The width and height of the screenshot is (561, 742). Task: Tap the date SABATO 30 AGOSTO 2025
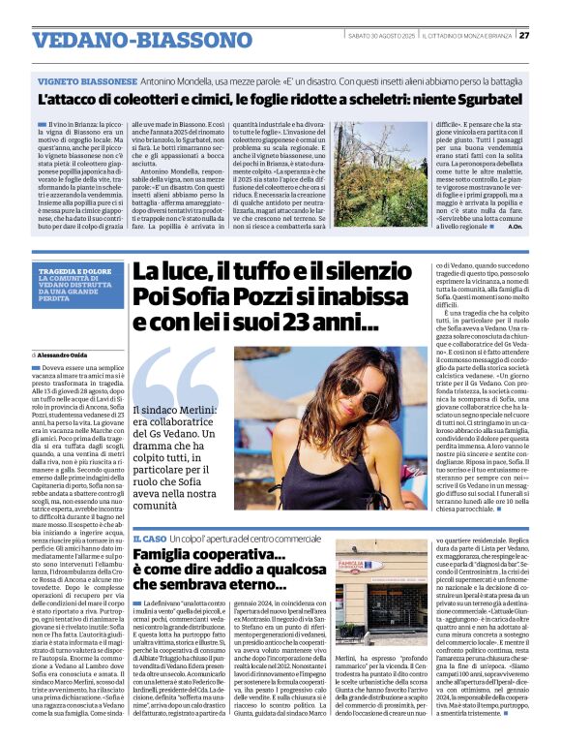click(x=381, y=36)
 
